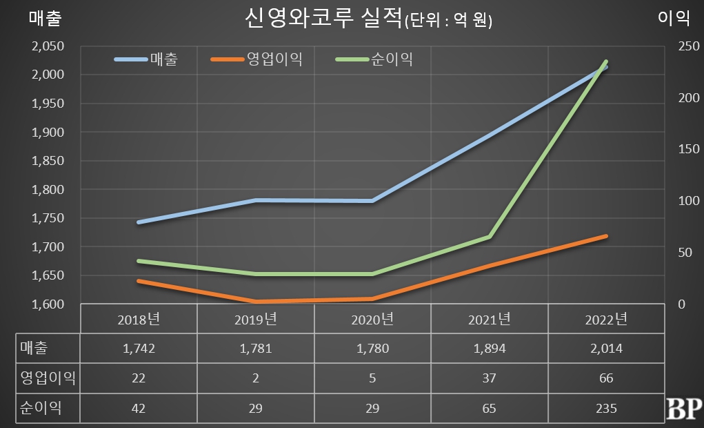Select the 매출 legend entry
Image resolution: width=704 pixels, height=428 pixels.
163,59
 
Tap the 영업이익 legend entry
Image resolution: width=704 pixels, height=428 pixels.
274,59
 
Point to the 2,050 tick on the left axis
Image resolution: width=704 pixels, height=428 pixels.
48,46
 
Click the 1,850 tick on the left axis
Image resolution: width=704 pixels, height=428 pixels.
48,161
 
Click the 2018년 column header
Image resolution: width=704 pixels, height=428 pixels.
139,319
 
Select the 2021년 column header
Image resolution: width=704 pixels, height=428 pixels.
489,319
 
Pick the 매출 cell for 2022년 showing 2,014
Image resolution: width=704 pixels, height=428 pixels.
606,349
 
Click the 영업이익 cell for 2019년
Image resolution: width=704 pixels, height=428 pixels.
256,378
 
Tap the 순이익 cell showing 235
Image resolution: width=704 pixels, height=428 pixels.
606,408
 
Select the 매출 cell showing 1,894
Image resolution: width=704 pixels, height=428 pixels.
489,349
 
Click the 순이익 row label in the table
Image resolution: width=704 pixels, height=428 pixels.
39,408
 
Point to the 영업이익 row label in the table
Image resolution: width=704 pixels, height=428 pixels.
46,378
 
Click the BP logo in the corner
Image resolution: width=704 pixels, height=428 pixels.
684,409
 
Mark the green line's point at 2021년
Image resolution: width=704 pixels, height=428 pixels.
489,237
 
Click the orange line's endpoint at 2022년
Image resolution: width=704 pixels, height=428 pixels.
606,236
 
